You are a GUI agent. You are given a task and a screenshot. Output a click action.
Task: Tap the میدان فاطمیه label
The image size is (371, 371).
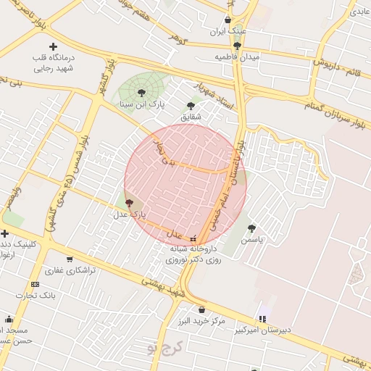pyautogui.click(x=237, y=57)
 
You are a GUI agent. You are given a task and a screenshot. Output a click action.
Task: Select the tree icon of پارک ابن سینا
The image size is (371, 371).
pyautogui.click(x=141, y=92)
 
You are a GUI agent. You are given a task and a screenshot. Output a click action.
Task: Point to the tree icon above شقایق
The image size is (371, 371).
pyautogui.click(x=191, y=106)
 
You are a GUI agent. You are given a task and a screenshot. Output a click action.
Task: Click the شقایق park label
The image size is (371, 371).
pyautogui.click(x=191, y=117)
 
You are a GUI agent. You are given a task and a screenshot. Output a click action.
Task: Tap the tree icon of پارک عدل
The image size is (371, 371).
pyautogui.click(x=129, y=204)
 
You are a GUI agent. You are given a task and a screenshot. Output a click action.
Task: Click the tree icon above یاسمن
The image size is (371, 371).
pyautogui.click(x=251, y=228)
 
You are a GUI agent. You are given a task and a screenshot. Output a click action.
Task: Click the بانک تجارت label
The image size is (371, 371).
pyautogui.click(x=39, y=295)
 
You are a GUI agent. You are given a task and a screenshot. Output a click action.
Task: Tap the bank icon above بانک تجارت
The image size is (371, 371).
pyautogui.click(x=36, y=284)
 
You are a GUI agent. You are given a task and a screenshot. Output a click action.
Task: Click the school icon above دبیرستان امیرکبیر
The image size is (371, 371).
pyautogui.click(x=262, y=318)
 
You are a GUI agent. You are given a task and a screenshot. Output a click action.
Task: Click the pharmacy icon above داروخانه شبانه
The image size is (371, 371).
pyautogui.click(x=193, y=238)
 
